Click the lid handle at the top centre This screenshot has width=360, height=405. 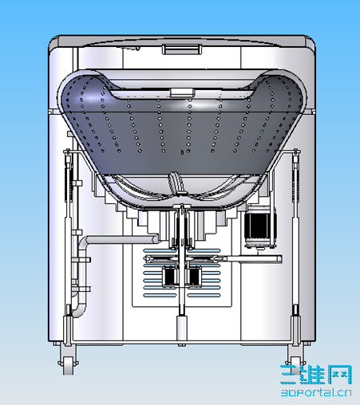point(182,49)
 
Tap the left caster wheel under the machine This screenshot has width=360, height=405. point(68,366)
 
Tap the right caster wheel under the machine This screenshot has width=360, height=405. point(295,364)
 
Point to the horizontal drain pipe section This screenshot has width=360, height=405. point(120,240)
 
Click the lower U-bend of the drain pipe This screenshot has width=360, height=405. point(80,309)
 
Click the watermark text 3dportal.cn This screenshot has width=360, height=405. point(316,392)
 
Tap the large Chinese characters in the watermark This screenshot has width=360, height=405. point(316,375)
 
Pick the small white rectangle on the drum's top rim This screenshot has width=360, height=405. point(182,92)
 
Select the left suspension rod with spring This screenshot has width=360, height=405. point(69,234)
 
